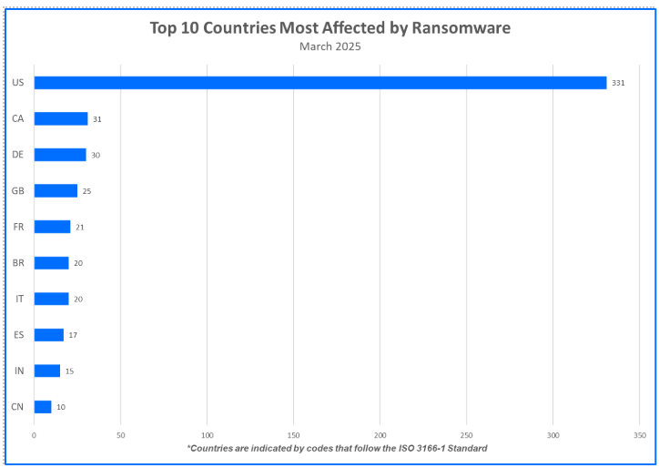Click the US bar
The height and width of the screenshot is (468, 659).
click(x=319, y=83)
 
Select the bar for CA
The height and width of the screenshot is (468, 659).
click(x=61, y=118)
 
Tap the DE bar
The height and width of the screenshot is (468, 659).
click(x=60, y=155)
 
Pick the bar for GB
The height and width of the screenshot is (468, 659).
click(x=56, y=191)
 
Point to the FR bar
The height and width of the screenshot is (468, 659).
click(x=52, y=227)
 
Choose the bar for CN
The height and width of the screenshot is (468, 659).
click(x=43, y=407)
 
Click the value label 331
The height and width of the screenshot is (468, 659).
click(x=618, y=83)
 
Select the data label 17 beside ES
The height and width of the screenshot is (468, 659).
click(x=73, y=335)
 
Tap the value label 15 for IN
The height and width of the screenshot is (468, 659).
click(x=69, y=371)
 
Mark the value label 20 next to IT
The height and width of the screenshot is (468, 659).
click(x=78, y=299)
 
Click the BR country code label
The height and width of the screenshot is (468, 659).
click(x=18, y=263)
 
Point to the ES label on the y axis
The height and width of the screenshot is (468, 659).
click(x=18, y=335)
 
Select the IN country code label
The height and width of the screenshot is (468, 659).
click(x=18, y=371)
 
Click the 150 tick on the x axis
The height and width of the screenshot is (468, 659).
click(x=293, y=435)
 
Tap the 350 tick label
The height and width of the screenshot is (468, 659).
click(x=639, y=435)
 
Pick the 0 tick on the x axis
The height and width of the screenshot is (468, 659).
click(x=34, y=435)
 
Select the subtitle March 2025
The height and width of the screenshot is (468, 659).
click(x=330, y=46)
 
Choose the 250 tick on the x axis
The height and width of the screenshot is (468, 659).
click(x=466, y=435)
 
